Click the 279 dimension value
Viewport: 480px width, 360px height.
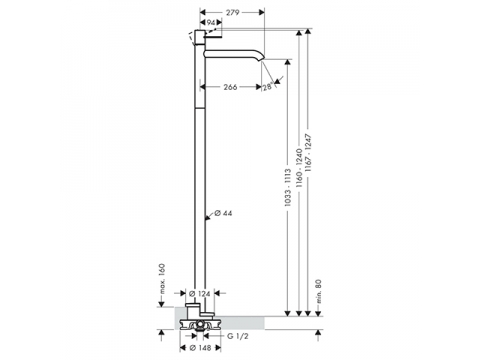232,12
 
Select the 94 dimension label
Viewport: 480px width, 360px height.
210,22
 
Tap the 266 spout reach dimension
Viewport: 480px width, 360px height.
230,87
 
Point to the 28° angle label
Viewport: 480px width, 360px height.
267,87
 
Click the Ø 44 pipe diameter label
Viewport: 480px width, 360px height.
223,213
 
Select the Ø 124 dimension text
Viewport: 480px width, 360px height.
200,293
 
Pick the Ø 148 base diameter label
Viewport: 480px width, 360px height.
200,348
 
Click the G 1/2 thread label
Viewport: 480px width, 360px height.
238,336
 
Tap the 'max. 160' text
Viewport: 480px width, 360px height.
162,279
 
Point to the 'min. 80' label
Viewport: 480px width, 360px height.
318,291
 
